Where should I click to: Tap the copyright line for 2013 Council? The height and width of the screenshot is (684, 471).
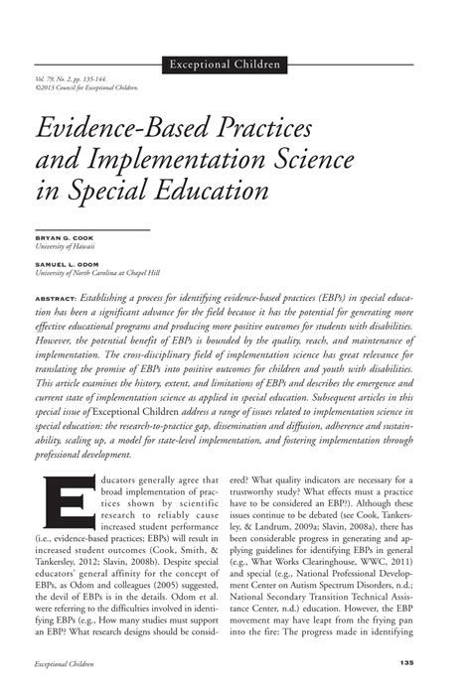coord(85,86)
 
